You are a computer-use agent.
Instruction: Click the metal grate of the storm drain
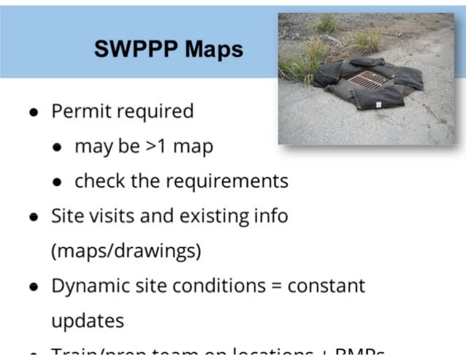pyautogui.click(x=369, y=78)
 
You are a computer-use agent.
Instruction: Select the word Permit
pyautogui.click(x=77, y=112)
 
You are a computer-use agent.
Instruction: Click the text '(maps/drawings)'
pyautogui.click(x=126, y=251)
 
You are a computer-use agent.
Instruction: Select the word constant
pyautogui.click(x=326, y=286)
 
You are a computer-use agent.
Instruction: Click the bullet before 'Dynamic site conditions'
pyautogui.click(x=34, y=287)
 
